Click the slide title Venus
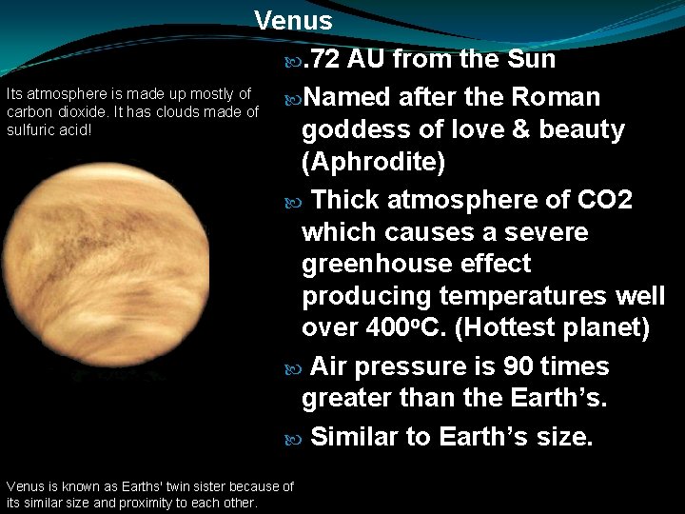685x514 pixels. (x=293, y=21)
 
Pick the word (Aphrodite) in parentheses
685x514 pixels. (x=373, y=163)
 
